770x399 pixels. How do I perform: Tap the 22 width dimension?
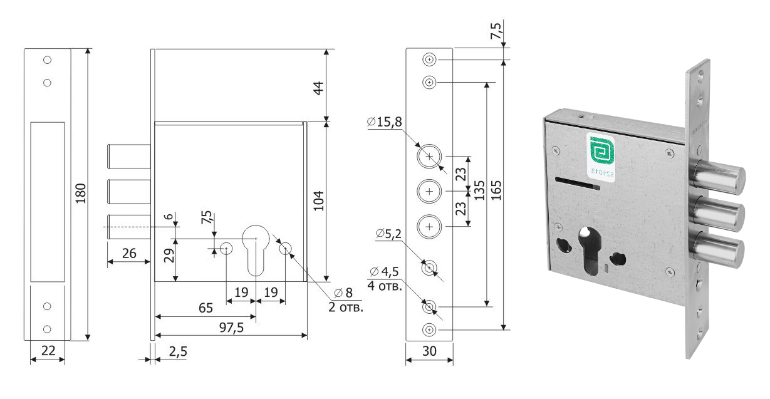[x=47, y=352]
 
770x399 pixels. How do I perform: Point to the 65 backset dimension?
[x=205, y=308]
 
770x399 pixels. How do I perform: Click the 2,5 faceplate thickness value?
[x=178, y=351]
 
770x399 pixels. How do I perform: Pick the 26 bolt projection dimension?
[x=128, y=253]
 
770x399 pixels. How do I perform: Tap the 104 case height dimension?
[x=319, y=200]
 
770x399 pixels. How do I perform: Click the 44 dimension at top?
[x=319, y=88]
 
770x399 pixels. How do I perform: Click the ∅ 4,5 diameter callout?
[x=385, y=271]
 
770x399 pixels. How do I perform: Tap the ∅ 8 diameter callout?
[x=343, y=293]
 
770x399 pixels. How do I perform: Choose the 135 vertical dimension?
[x=479, y=190]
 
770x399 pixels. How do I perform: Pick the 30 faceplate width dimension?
[x=429, y=352]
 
